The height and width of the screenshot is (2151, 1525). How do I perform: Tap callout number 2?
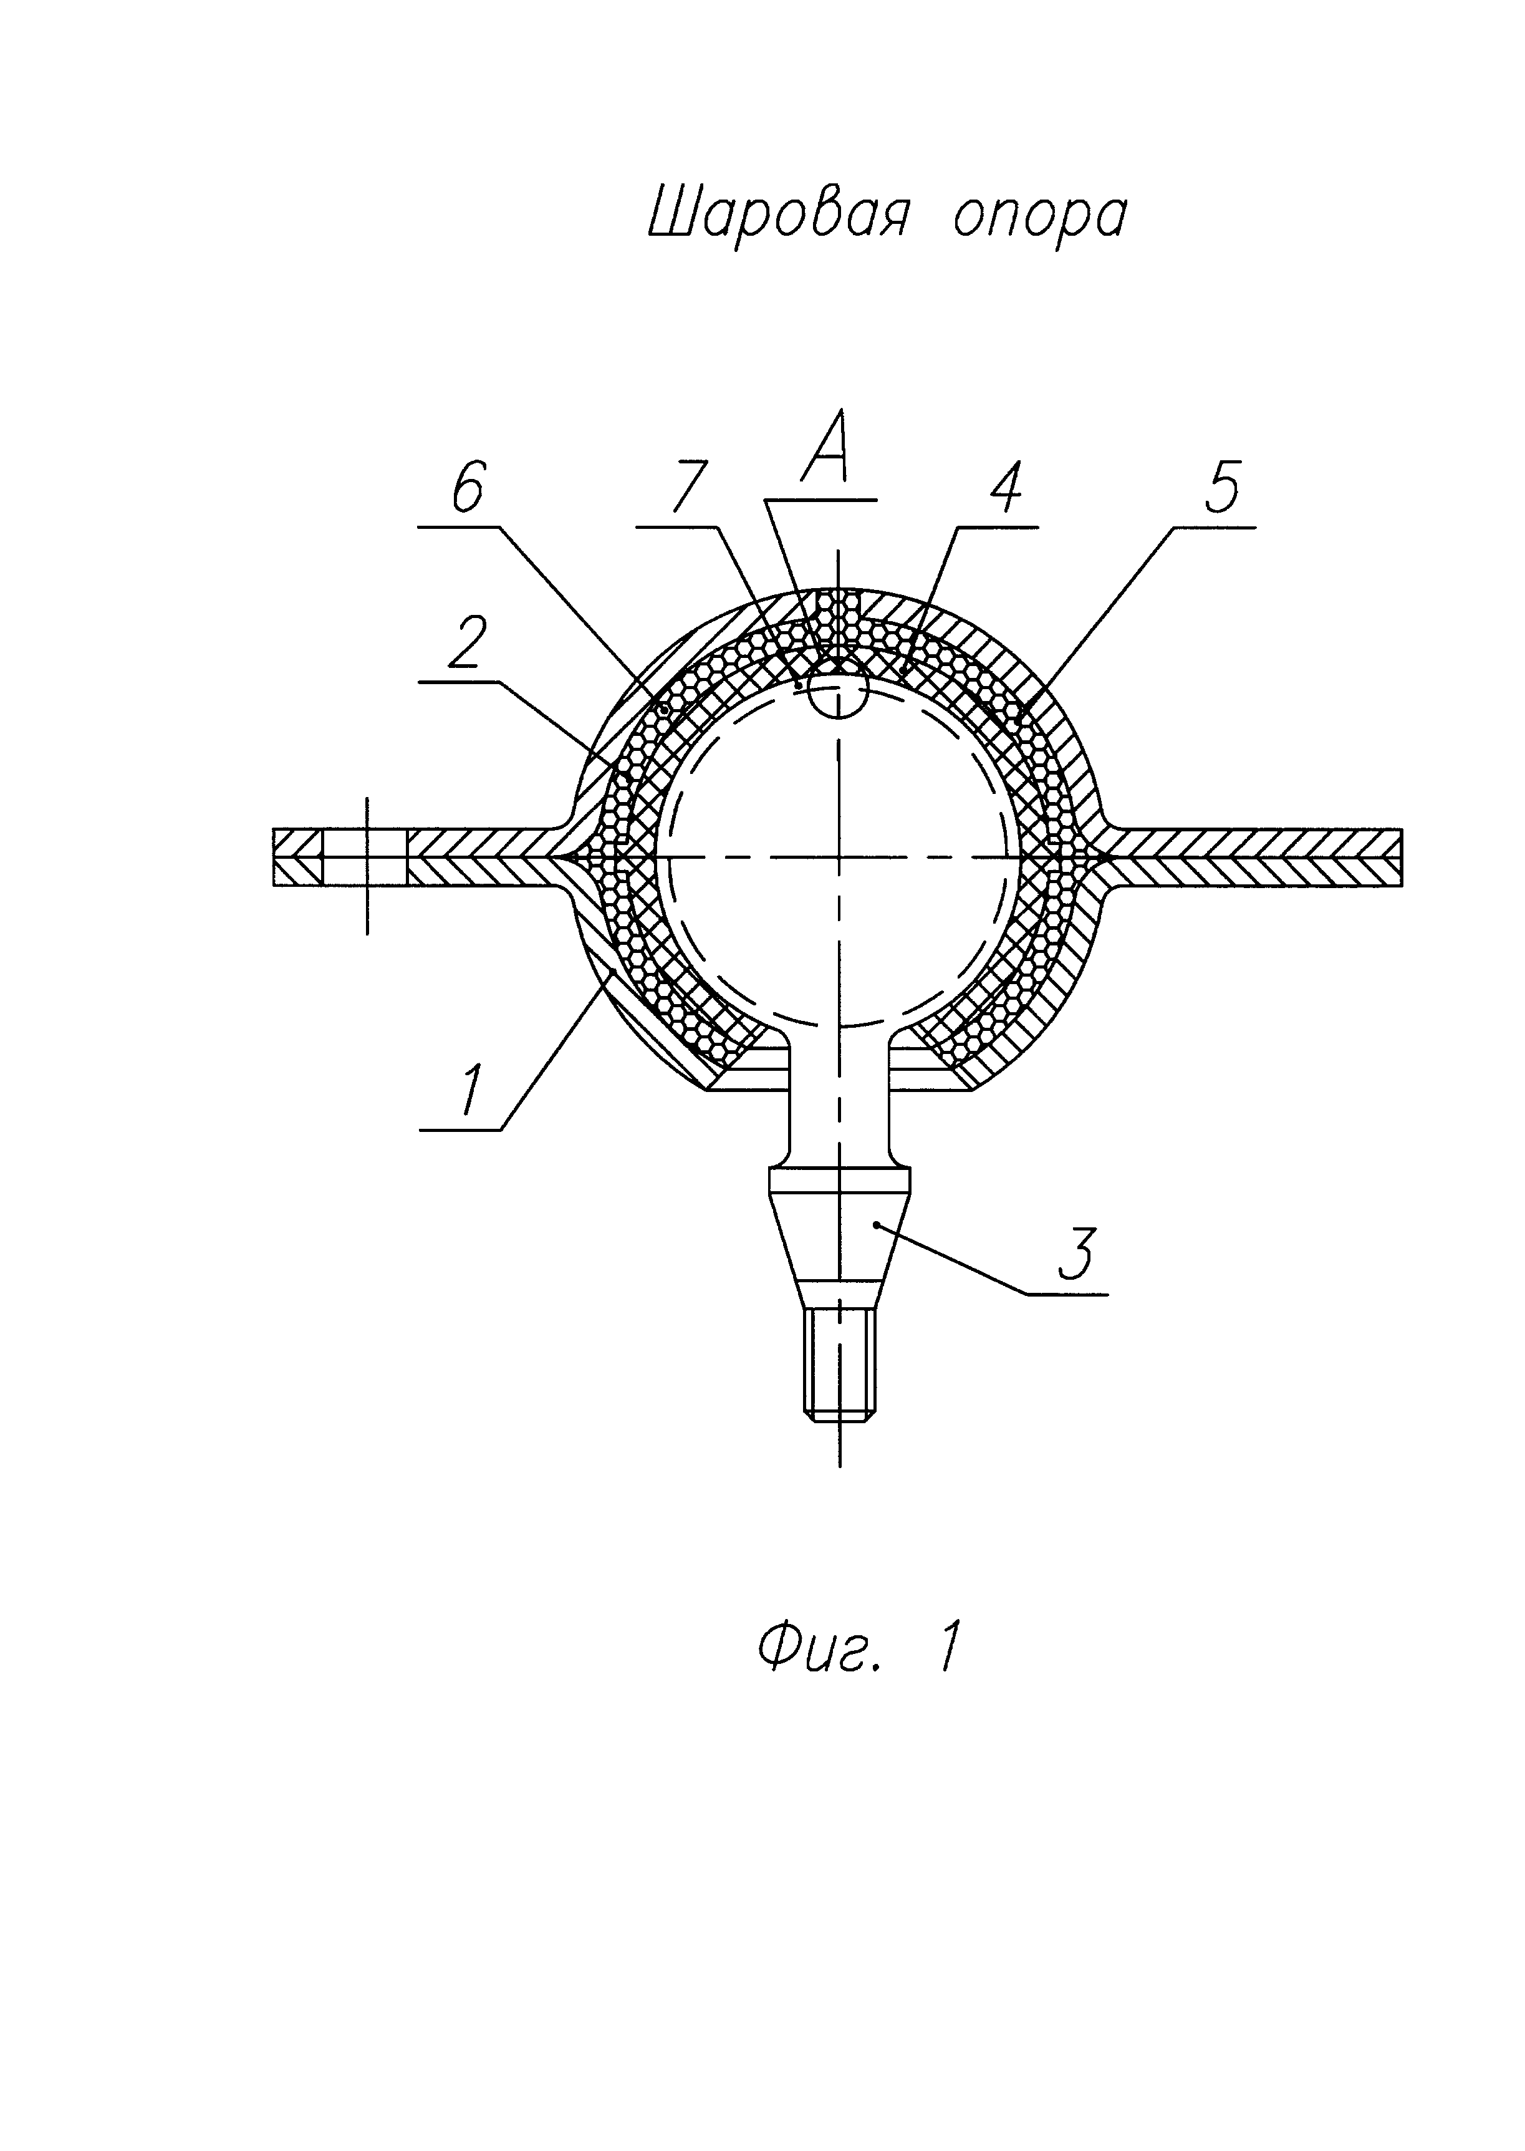tap(467, 644)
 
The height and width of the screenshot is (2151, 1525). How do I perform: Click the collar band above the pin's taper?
tap(840, 1181)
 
